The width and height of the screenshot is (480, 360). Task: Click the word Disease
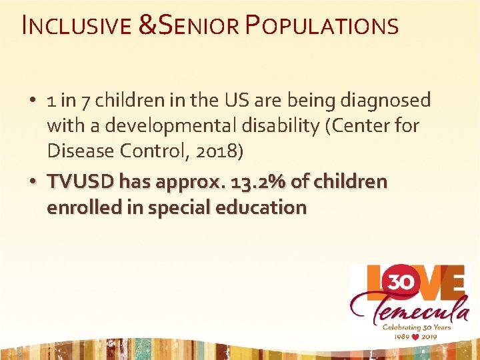tap(75, 151)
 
